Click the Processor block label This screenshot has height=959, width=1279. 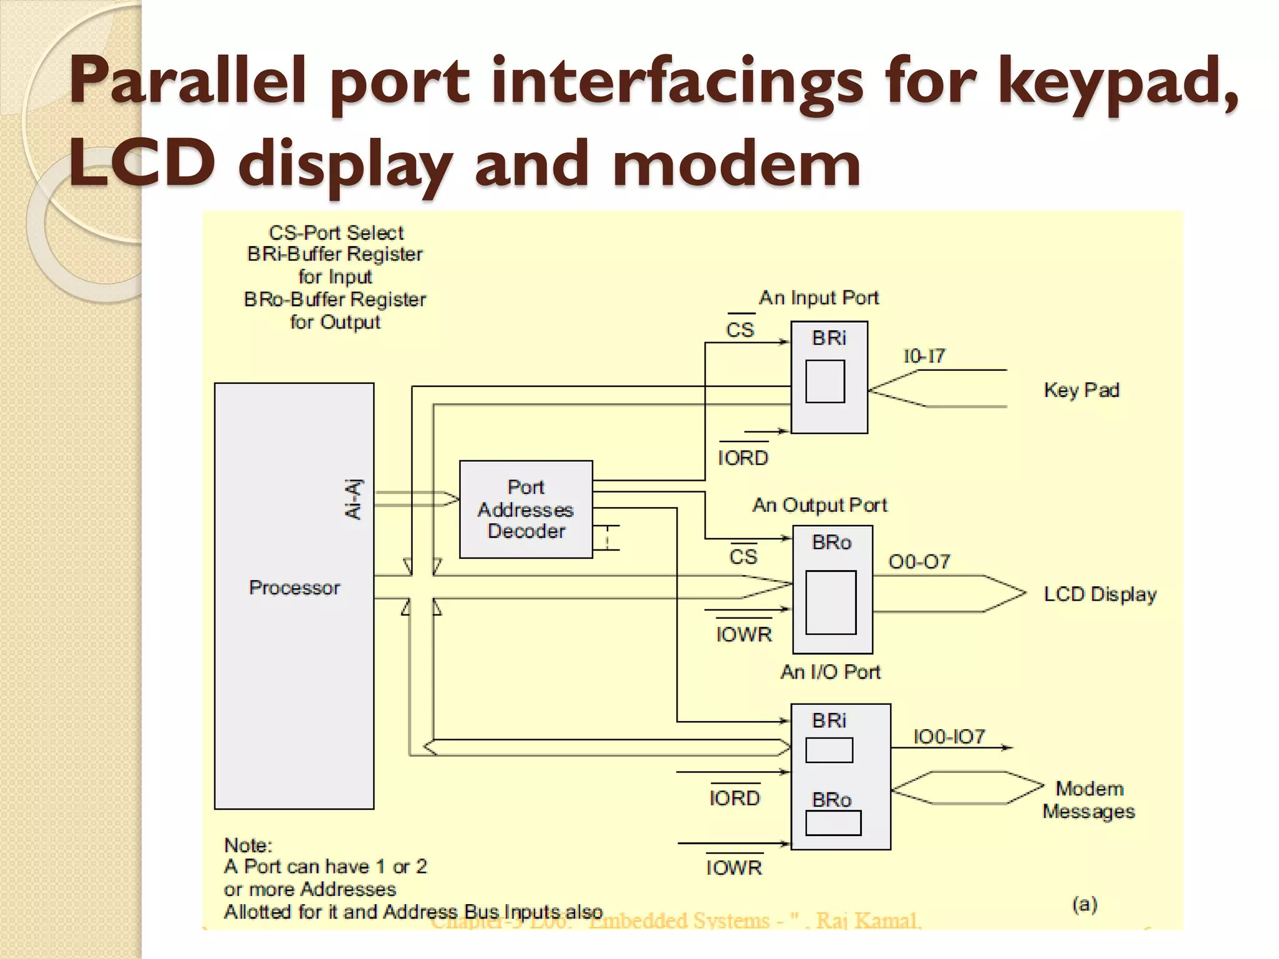(x=294, y=588)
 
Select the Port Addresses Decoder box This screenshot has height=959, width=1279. (x=526, y=509)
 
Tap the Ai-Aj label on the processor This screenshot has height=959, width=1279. (x=353, y=499)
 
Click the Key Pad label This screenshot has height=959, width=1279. (x=1082, y=390)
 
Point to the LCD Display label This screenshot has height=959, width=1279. (x=1100, y=594)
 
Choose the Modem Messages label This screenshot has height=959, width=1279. (x=1089, y=800)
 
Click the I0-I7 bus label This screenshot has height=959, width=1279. (x=924, y=357)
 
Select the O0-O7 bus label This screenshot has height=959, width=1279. (x=919, y=562)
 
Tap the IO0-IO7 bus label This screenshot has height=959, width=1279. (x=949, y=737)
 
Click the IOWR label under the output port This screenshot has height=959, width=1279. (x=744, y=634)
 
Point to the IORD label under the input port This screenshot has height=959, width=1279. (x=743, y=458)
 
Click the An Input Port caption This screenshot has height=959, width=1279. (x=819, y=298)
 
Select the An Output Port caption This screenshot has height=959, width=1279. (x=819, y=505)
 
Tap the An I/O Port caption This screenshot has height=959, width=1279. (x=830, y=672)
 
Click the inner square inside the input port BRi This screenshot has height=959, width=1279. (x=825, y=381)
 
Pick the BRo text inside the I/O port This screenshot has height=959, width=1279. (x=831, y=800)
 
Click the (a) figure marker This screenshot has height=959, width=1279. (x=1085, y=904)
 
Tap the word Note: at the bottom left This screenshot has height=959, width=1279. (x=249, y=845)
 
